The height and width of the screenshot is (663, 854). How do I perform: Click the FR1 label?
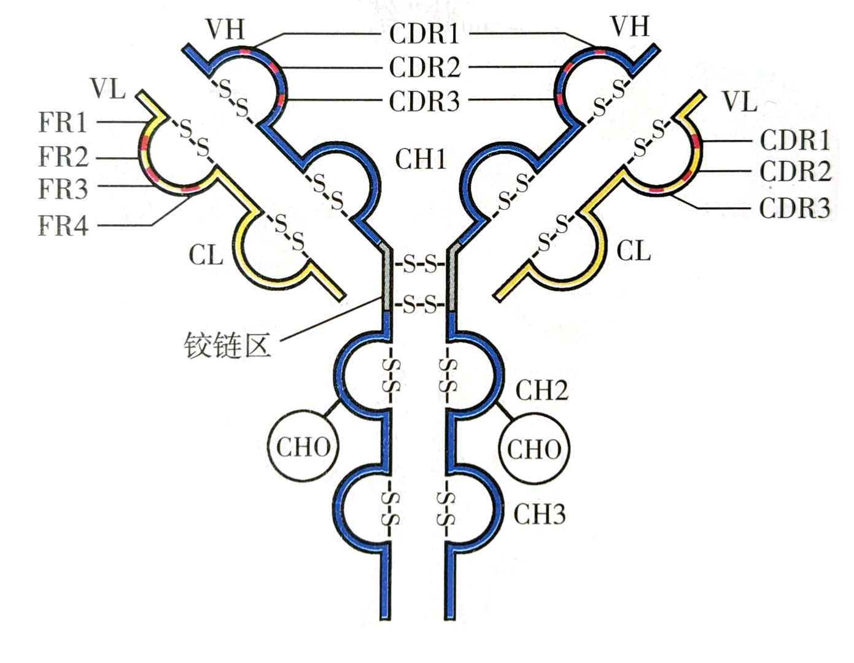(63, 122)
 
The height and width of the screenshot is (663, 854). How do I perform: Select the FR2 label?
(63, 157)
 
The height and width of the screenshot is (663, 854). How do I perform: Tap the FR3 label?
(63, 189)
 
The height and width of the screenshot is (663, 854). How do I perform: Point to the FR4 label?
(63, 225)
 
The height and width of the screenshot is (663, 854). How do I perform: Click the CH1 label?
(421, 159)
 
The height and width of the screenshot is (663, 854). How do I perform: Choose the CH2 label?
(541, 390)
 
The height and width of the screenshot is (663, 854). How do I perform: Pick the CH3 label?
(539, 514)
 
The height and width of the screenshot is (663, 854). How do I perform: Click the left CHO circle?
(303, 446)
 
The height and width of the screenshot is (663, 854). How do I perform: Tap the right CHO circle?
(534, 449)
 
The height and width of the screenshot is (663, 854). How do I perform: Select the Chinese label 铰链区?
(227, 346)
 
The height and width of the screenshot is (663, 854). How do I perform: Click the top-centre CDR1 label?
(424, 34)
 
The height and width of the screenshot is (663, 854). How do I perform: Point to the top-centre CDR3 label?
(424, 101)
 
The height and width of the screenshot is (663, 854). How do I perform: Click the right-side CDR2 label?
(795, 171)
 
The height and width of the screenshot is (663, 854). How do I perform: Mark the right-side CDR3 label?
(795, 208)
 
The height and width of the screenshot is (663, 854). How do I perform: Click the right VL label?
(739, 101)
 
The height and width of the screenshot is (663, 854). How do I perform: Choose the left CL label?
(206, 254)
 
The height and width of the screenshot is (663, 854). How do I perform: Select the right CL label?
(633, 250)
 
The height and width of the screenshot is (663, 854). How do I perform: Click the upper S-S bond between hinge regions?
(420, 266)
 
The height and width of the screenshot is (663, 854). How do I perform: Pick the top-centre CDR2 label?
(424, 68)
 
